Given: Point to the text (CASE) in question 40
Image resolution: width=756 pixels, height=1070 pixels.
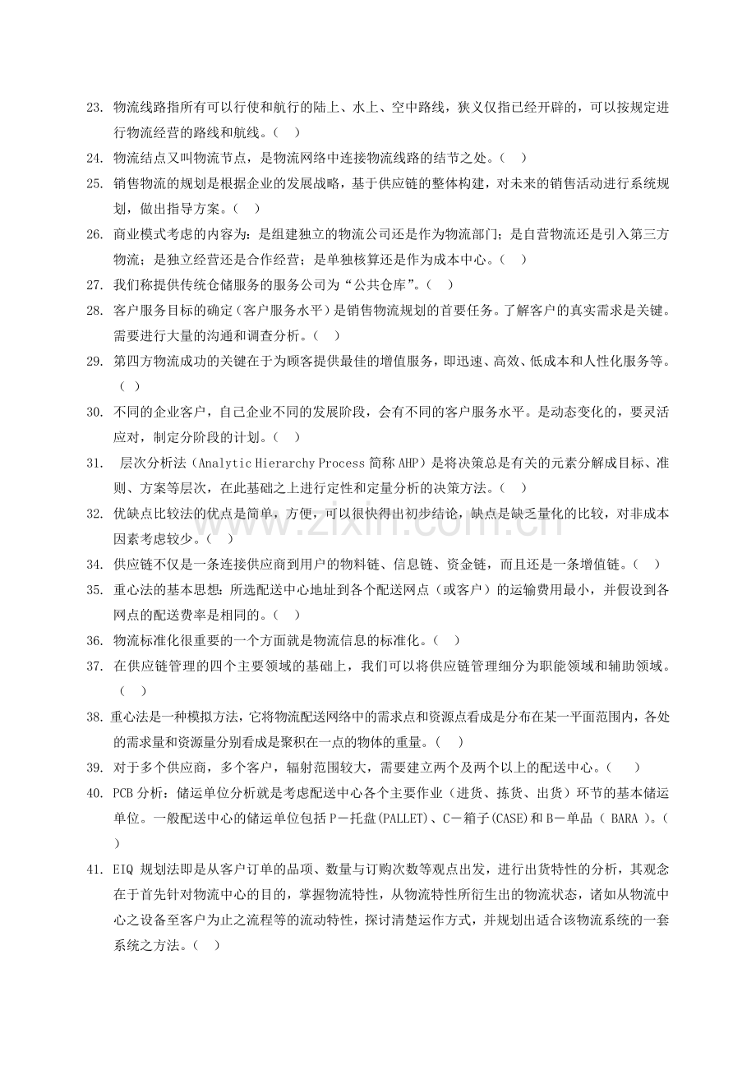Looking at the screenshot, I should [503, 818].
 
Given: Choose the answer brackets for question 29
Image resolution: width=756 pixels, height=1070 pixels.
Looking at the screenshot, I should [129, 385].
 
